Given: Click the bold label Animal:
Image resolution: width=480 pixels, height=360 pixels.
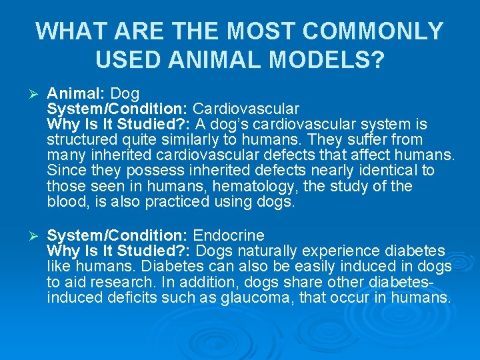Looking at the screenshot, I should (x=77, y=93).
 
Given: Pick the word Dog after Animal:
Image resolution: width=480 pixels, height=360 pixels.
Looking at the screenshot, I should (x=125, y=93).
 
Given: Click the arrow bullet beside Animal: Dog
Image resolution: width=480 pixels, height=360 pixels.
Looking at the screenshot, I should (x=28, y=93).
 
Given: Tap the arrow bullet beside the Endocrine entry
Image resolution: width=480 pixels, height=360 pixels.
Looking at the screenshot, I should (x=28, y=235).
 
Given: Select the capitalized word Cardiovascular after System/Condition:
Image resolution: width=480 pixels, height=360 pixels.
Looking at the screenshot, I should (x=246, y=108).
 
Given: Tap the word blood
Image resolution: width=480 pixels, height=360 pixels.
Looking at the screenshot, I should (x=65, y=201).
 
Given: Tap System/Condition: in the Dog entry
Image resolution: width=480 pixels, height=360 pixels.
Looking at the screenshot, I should (x=117, y=108).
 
